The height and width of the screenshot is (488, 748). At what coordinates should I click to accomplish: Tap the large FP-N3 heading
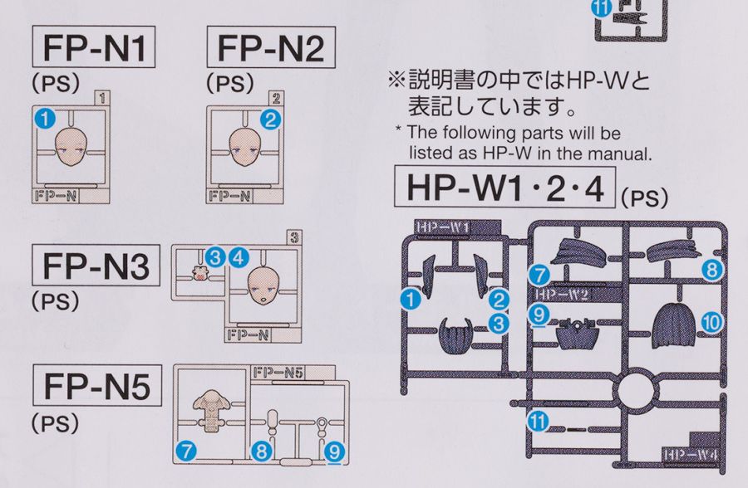point(96,266)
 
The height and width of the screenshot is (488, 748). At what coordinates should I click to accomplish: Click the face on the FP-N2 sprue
point(247,147)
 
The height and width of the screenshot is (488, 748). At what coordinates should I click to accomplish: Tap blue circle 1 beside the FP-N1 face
point(44,119)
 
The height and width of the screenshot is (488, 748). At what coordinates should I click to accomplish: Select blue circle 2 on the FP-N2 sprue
point(268,119)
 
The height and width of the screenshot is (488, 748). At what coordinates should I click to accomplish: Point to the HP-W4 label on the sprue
point(690,453)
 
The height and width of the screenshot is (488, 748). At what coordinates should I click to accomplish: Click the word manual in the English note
point(623,153)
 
